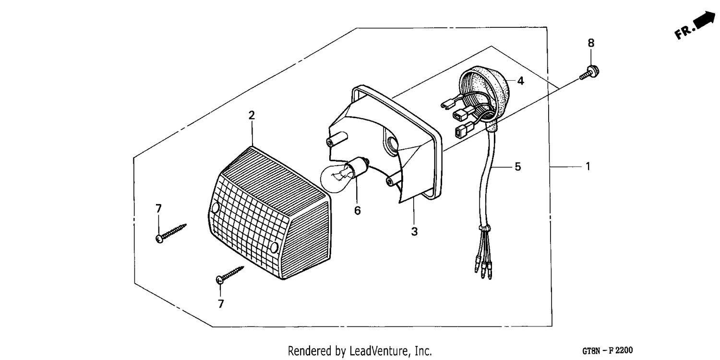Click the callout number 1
pos(588,167)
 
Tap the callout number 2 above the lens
pos(252,115)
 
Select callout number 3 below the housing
pos(414,231)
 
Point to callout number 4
pos(520,81)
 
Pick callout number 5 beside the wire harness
pos(517,167)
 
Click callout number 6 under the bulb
pos(358,211)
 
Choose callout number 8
pos(591,43)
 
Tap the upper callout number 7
pos(158,209)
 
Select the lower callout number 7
pos(220,304)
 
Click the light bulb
pos(344,175)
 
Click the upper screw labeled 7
pos(171,233)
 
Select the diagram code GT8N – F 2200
pos(607,350)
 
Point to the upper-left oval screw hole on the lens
pos(215,208)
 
